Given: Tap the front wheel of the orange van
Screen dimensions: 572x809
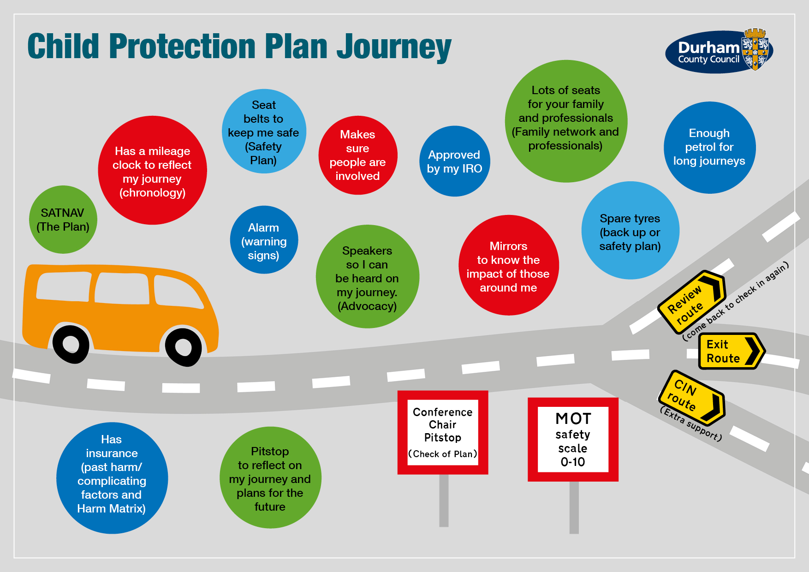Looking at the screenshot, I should tap(183, 346).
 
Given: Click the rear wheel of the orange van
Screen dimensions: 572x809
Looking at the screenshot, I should tap(71, 344).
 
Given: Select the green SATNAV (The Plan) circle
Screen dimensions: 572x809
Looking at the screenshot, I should tap(63, 220).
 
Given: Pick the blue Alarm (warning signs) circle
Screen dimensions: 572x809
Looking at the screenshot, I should tap(264, 240).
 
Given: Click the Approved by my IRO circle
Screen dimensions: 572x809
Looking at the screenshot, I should tap(454, 161).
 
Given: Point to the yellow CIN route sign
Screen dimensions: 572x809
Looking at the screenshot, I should tap(691, 397).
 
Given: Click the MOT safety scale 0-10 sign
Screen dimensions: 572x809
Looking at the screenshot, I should tap(573, 439).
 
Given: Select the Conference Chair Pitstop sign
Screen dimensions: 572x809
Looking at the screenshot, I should tap(443, 432).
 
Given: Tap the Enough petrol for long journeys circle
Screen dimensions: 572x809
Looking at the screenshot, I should tap(709, 148).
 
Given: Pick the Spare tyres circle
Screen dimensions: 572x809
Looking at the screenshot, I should tap(630, 231).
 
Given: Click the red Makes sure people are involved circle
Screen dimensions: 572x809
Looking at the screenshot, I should tap(357, 155).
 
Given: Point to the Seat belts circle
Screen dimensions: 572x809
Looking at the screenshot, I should tap(264, 131).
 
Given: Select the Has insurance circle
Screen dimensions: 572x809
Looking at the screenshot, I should tap(112, 478).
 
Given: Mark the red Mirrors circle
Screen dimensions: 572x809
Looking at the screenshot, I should tap(508, 266).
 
